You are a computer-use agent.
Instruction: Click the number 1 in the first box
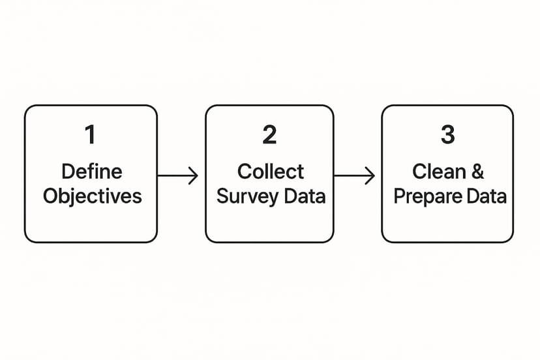pos(90,135)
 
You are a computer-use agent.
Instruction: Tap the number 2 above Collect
pos(269,135)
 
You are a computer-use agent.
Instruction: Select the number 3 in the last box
pos(447,135)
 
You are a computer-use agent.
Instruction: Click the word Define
pos(91,172)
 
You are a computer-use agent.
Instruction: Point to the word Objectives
pos(92,196)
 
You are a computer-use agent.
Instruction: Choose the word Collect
pos(270,172)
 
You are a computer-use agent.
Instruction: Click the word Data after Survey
pos(305,196)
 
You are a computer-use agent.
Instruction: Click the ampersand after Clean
pos(477,172)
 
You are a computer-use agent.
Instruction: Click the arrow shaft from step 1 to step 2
pos(175,175)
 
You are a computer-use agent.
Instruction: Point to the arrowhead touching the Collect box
pos(194,175)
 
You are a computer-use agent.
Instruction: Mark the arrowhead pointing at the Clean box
pos(370,175)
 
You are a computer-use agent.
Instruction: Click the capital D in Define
pos(67,172)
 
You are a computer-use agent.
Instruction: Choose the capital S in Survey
pos(223,196)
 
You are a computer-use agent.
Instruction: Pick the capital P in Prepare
pos(398,196)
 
